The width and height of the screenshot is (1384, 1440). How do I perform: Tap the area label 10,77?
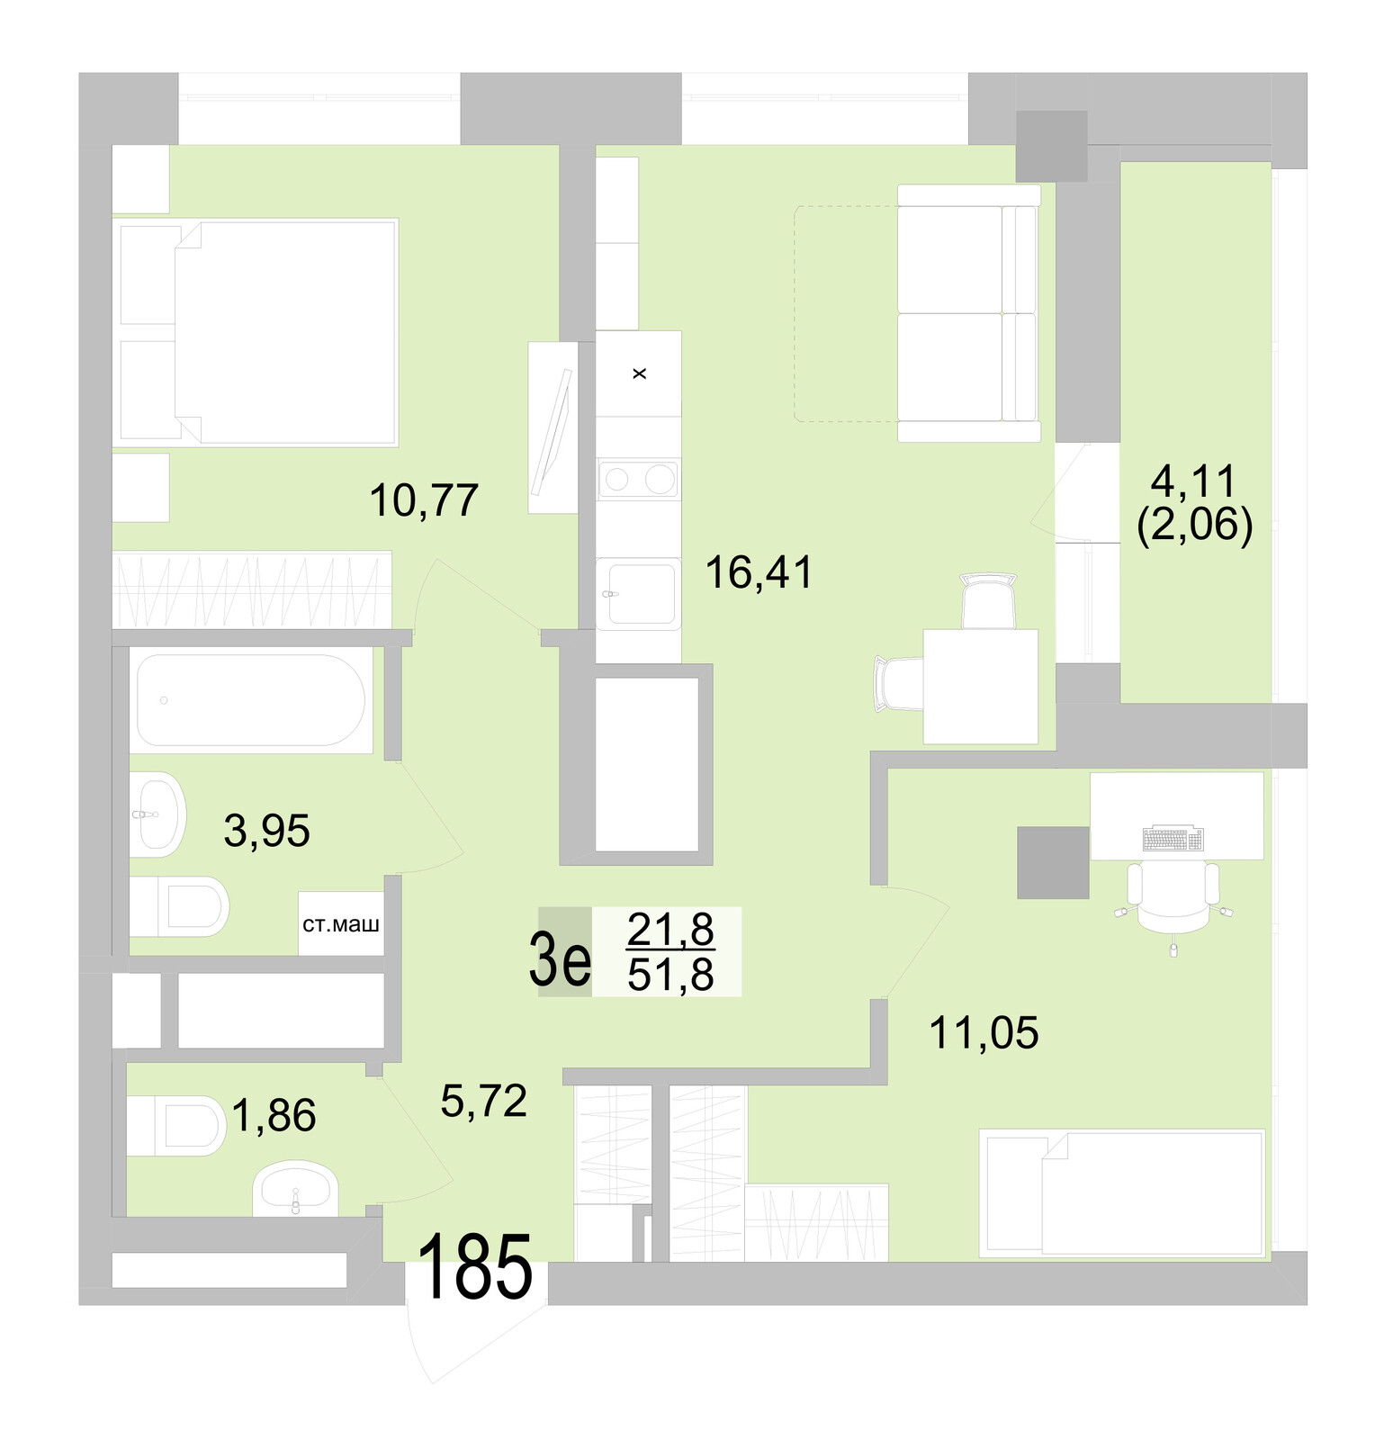[424, 500]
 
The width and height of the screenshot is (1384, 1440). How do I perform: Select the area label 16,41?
[759, 572]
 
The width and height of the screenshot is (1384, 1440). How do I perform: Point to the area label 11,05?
[984, 1032]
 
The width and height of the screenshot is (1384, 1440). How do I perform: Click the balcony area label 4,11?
[1194, 482]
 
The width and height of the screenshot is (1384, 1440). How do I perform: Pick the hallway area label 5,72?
[483, 1100]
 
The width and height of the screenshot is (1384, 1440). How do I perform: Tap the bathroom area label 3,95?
[266, 831]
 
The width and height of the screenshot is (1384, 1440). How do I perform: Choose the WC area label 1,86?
[274, 1116]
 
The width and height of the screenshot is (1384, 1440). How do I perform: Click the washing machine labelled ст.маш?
[340, 924]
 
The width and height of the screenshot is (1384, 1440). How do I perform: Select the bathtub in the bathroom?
[250, 700]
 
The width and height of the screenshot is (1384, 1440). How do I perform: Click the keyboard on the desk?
[1173, 839]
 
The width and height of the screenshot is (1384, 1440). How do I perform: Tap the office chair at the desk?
[1173, 896]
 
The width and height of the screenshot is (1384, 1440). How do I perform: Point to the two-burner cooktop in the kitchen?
[639, 480]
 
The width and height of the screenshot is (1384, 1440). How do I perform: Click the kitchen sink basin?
[641, 593]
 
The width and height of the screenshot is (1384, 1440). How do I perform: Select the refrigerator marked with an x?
[639, 373]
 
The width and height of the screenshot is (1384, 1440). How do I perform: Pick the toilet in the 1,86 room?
[178, 1125]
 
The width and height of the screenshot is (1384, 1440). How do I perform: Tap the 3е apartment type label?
[561, 959]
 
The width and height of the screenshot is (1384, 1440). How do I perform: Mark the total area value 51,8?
[670, 974]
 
